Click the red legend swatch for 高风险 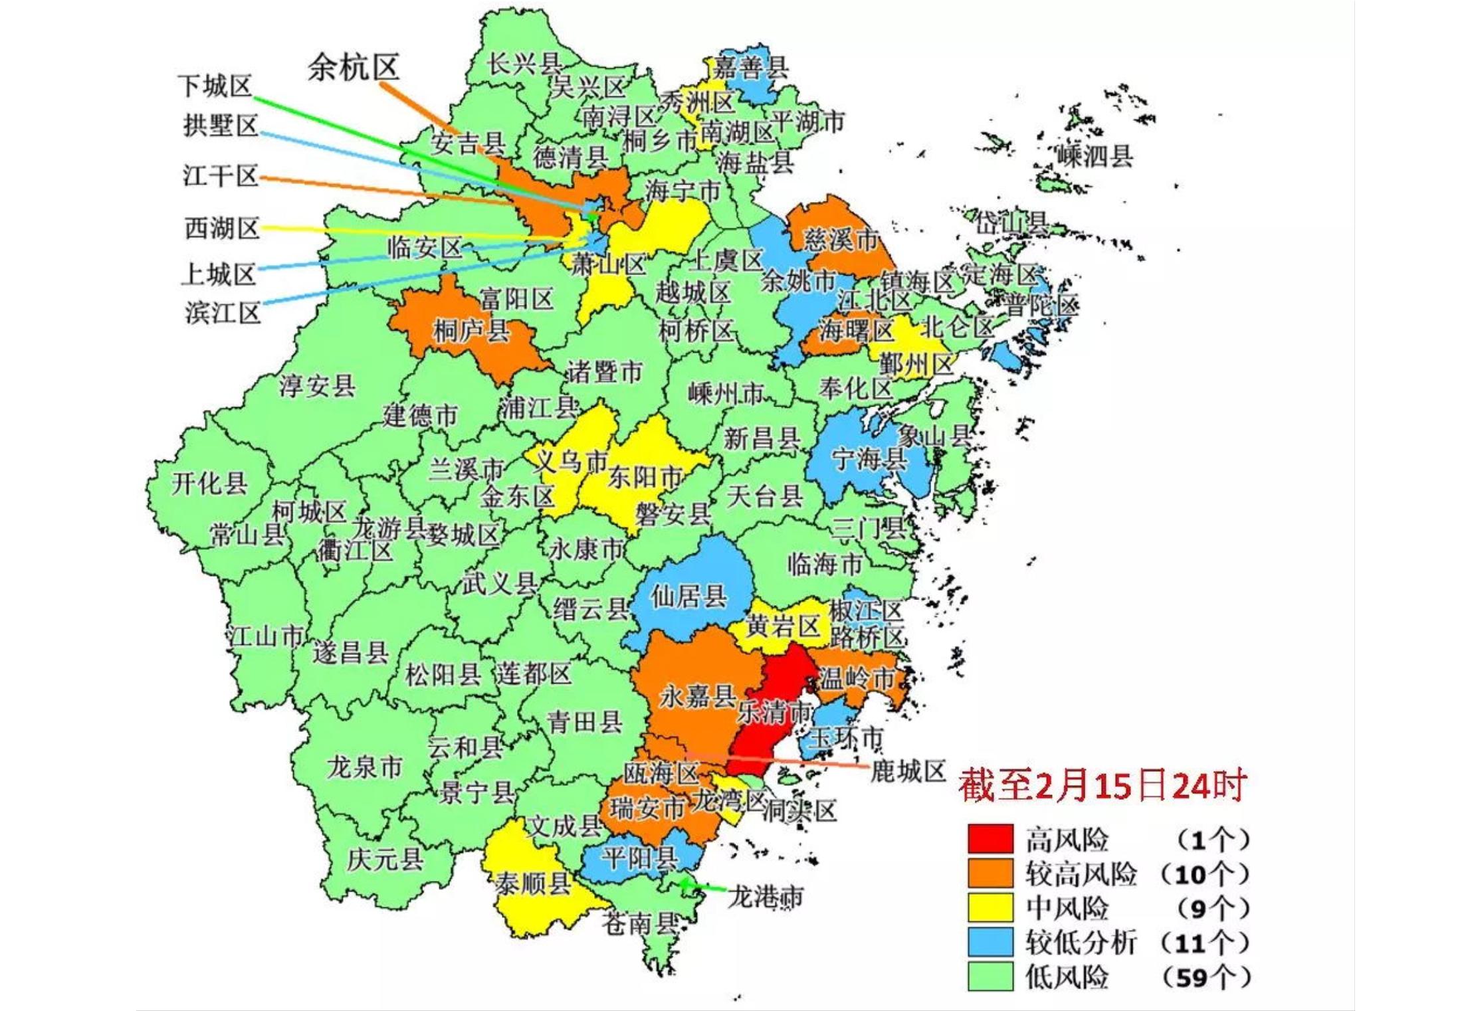coord(990,838)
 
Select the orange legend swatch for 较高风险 coord(990,873)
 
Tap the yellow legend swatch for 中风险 coord(990,907)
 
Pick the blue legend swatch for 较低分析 coord(990,942)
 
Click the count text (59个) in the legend coord(1206,977)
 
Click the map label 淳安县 coord(317,386)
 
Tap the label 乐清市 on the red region coord(775,713)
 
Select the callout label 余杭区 coord(353,67)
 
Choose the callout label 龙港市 coord(766,897)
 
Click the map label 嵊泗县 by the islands coord(1095,156)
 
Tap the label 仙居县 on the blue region coord(688,597)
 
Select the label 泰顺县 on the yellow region coord(533,884)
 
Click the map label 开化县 coord(209,484)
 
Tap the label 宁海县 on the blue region coord(869,458)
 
